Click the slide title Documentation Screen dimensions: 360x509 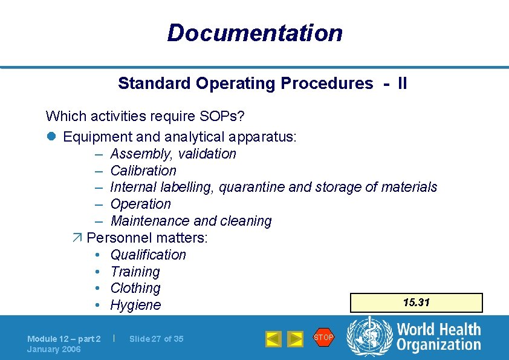(x=254, y=33)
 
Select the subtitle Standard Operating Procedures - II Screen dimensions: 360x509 (x=262, y=83)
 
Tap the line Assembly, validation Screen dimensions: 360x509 (x=173, y=154)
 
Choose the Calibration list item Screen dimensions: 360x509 (x=143, y=171)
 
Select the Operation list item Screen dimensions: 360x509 (x=140, y=204)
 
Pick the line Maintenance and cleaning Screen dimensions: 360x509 (x=191, y=221)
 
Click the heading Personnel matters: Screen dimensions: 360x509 (x=147, y=238)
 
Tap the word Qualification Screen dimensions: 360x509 (x=148, y=255)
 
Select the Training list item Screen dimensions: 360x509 (x=135, y=272)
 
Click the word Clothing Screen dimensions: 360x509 (x=135, y=288)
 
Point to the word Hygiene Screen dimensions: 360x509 (x=135, y=305)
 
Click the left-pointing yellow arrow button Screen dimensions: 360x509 (x=273, y=339)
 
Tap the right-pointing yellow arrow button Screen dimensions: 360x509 (x=295, y=339)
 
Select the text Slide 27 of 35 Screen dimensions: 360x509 (x=156, y=339)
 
